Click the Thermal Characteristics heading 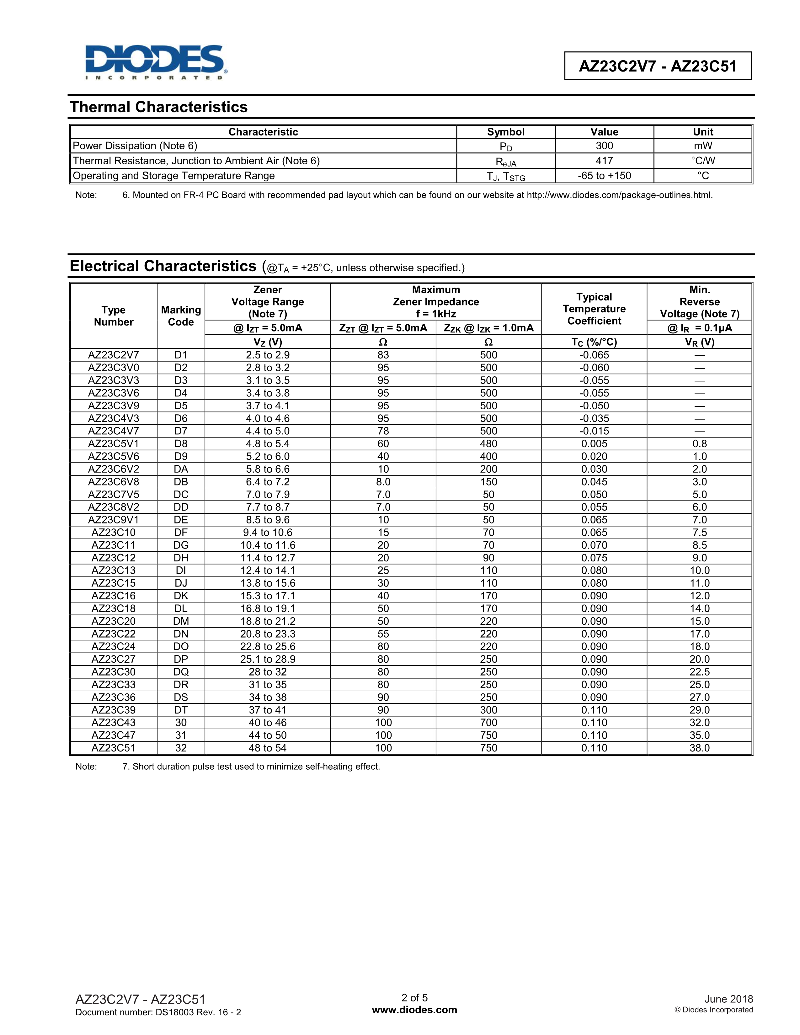[158, 107]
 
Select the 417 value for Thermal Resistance [604, 161]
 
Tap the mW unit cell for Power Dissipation [703, 146]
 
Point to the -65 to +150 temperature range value [604, 176]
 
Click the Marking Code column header [181, 316]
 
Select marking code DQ [181, 671]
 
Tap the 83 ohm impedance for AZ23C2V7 [383, 355]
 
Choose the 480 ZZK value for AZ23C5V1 [488, 443]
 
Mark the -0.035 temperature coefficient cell [594, 418]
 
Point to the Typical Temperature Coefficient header [594, 309]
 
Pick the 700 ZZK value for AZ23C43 [488, 722]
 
